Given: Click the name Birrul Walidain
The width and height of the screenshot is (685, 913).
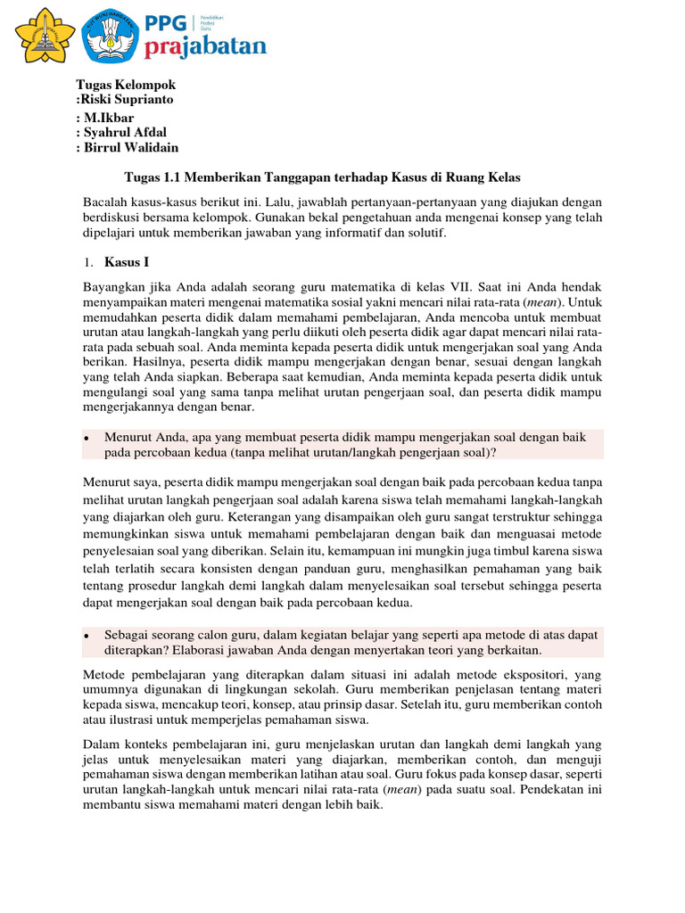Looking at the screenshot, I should (x=131, y=148).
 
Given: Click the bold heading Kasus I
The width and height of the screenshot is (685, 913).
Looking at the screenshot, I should (x=127, y=262).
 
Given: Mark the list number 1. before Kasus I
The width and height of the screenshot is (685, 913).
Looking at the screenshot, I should (x=87, y=263).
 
